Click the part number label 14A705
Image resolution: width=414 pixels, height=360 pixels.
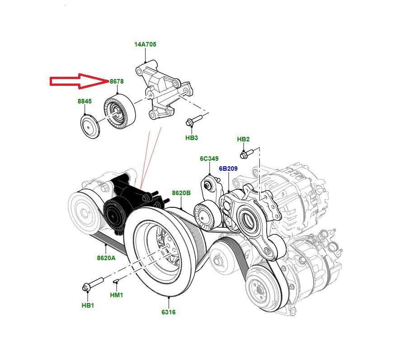pos(146,45)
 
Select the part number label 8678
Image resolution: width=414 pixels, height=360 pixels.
pos(117,81)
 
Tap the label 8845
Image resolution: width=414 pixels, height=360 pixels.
pos(85,102)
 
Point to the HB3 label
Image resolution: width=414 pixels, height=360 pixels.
pos(192,138)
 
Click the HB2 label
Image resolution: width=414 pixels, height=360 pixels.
pos(244,139)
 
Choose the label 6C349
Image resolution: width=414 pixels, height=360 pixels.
pos(209,159)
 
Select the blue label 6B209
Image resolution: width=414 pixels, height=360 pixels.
pos(228,168)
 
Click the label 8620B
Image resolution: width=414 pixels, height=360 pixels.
pos(181,193)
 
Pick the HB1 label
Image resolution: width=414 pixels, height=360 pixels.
pos(88,305)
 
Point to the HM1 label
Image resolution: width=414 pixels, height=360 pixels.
pos(117,295)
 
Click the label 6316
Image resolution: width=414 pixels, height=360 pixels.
pos(168,312)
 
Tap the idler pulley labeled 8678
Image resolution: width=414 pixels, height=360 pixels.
pos(119,111)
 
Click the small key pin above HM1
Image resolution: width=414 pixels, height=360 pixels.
pos(116,282)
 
